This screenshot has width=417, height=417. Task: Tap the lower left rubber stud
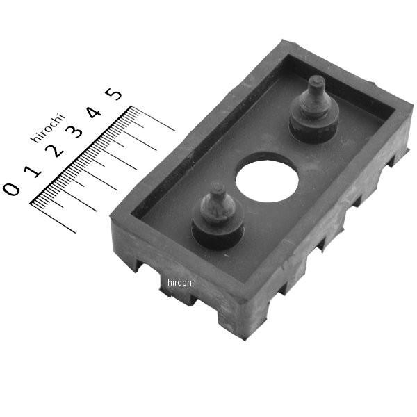(218, 217)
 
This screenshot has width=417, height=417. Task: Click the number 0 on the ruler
(11, 189)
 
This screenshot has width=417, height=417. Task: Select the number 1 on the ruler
(33, 171)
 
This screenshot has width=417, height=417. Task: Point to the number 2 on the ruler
(55, 151)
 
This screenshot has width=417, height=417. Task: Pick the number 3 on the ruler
(74, 131)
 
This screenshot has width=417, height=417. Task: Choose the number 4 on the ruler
(95, 112)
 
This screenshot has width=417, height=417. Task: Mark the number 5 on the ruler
(113, 94)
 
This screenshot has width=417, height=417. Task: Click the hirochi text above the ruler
(48, 128)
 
